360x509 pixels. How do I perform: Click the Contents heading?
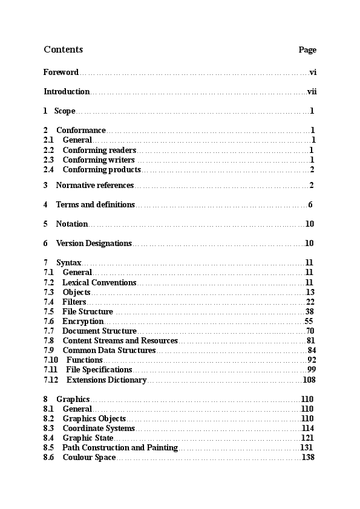tap(63, 50)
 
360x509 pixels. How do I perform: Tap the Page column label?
tap(307, 50)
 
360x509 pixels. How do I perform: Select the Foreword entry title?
tap(61, 73)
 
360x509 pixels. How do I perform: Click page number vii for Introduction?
tap(312, 92)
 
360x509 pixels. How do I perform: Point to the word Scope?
tap(65, 111)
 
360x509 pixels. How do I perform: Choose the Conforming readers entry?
tap(99, 150)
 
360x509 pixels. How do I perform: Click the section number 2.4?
tap(49, 170)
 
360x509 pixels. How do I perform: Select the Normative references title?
tap(94, 185)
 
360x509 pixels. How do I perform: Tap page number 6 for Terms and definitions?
tap(310, 205)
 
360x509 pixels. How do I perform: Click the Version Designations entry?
tap(94, 244)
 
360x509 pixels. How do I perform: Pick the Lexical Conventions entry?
tap(99, 282)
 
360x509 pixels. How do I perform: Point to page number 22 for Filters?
tap(310, 302)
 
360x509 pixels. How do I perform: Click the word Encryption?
tap(83, 322)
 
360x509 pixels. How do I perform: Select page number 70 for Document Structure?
tap(310, 331)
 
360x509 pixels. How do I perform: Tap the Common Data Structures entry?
tap(109, 351)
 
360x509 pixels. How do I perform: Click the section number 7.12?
tap(51, 380)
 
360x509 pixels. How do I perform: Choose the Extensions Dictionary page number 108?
tap(309, 380)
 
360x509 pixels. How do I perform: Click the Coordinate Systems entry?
tap(99, 429)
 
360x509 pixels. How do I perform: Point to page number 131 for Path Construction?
tap(307, 448)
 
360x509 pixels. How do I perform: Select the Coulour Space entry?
tap(89, 458)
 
